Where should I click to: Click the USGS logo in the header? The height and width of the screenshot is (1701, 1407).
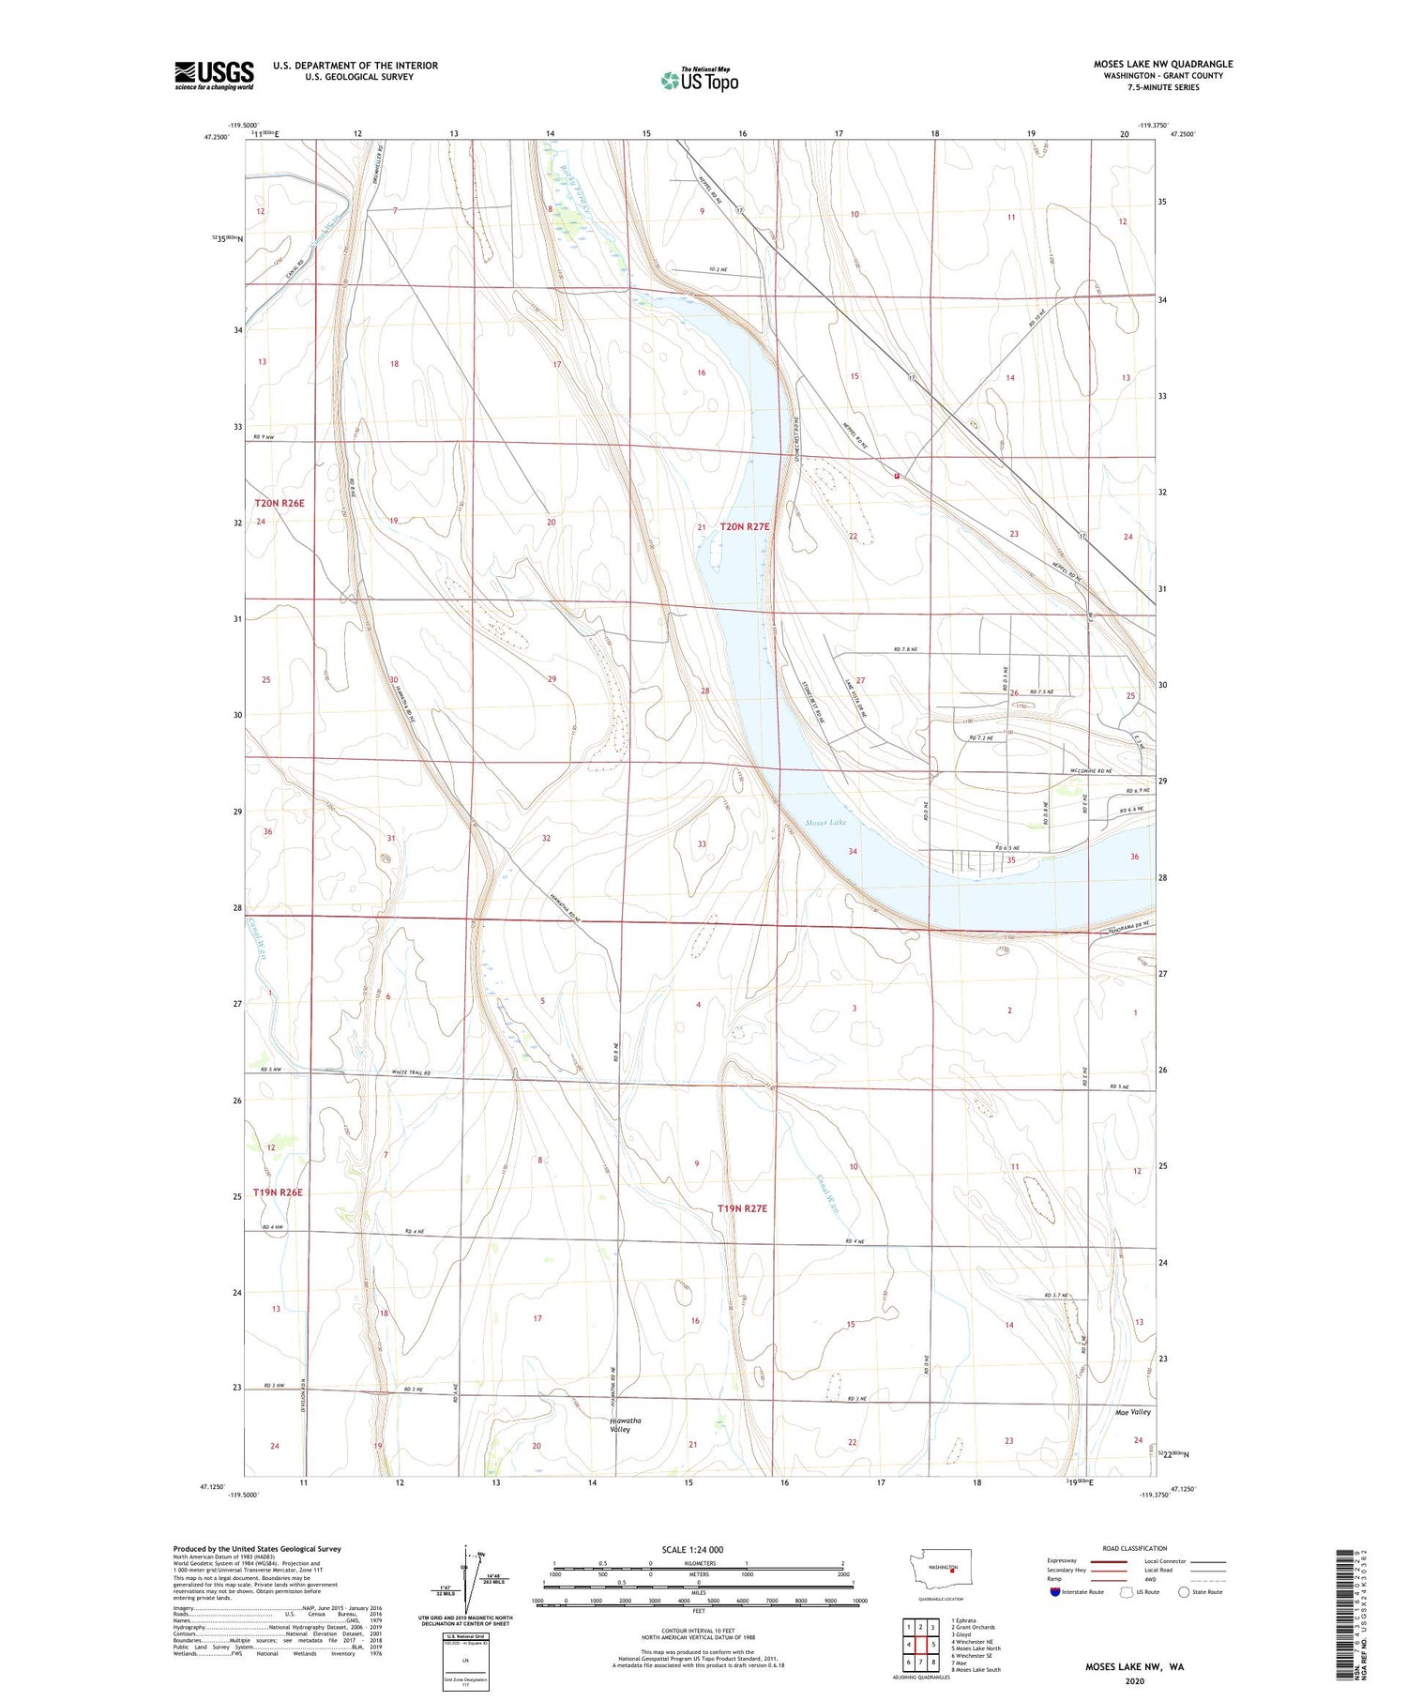[x=214, y=75]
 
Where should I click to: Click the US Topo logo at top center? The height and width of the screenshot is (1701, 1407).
[x=699, y=81]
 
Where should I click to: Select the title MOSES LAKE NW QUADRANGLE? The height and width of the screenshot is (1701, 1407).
[x=1162, y=64]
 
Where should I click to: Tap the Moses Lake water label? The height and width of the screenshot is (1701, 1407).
[x=825, y=822]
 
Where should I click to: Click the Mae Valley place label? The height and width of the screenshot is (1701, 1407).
[x=1132, y=1411]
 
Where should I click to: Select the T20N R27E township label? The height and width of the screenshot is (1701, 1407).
[x=745, y=526]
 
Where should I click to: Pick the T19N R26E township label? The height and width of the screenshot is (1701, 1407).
[x=279, y=1192]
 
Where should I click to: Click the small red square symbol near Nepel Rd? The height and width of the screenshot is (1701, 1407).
[x=898, y=476]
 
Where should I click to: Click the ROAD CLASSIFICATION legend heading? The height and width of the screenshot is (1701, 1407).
[x=1135, y=1548]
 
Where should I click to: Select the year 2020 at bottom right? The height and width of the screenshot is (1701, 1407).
[x=1135, y=1680]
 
